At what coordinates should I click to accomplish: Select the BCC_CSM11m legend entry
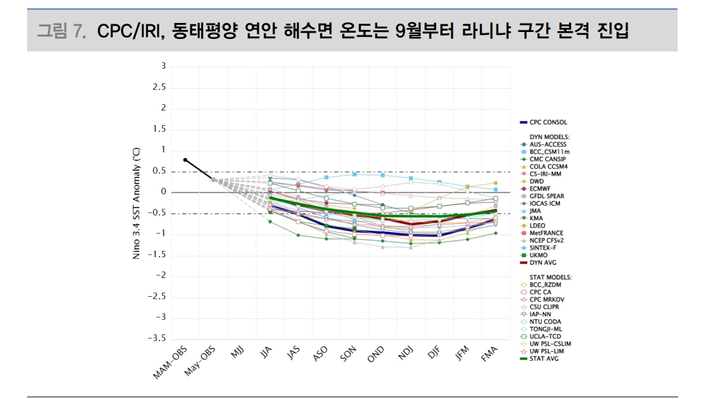point(549,152)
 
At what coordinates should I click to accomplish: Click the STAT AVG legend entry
point(544,358)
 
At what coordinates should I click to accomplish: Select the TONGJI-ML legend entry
point(545,328)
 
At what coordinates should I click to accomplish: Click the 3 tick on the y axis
point(163,67)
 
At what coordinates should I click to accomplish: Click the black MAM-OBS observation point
point(185,160)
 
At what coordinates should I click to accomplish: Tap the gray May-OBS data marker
point(214,180)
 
